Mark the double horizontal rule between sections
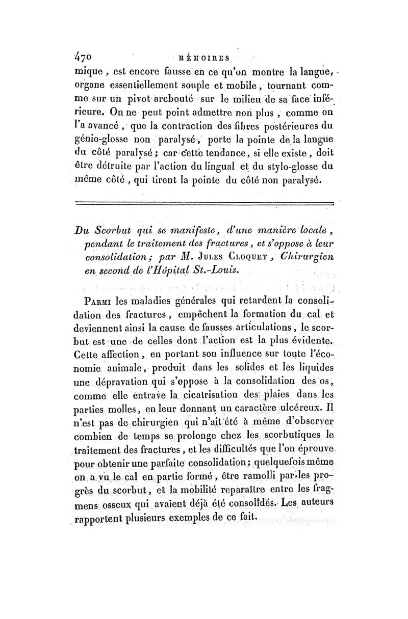(x=204, y=204)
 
